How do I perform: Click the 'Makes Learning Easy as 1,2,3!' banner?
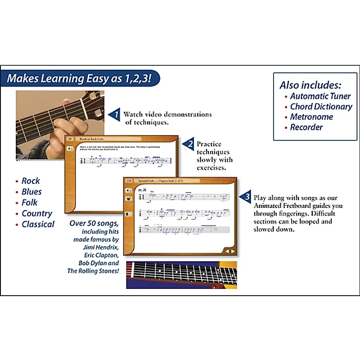click(82, 79)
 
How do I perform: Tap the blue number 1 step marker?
click(115, 115)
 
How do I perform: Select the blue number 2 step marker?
click(190, 144)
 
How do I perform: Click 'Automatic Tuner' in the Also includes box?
click(320, 96)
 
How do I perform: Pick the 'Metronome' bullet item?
click(311, 117)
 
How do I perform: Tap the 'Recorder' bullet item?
click(306, 127)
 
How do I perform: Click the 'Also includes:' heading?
click(310, 85)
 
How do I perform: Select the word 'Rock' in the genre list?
click(31, 181)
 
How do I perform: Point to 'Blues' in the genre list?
click(31, 192)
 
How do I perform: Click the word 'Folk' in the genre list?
click(30, 202)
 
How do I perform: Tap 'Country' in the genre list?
click(37, 213)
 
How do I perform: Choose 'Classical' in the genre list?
click(38, 224)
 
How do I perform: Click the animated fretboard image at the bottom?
click(181, 274)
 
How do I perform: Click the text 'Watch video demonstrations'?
click(167, 114)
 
